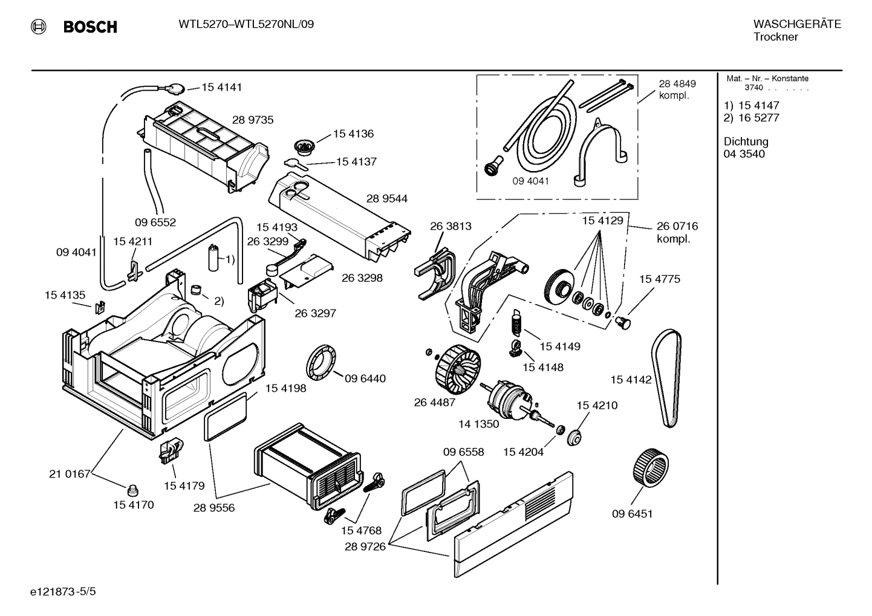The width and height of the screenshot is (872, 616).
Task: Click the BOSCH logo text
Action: click(89, 27)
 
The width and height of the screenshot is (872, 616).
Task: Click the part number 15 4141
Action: click(221, 87)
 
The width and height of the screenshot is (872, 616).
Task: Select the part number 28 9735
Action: click(253, 120)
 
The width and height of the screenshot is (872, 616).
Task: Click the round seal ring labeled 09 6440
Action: click(321, 365)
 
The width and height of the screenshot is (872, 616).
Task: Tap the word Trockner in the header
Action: click(775, 37)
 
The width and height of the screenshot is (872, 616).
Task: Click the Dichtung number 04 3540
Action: click(744, 154)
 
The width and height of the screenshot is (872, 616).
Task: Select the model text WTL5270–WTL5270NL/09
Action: click(246, 24)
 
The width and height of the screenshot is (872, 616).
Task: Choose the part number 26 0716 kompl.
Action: click(677, 232)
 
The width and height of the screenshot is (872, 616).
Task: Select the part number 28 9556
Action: click(214, 508)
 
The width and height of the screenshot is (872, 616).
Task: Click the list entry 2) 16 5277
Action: click(751, 118)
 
